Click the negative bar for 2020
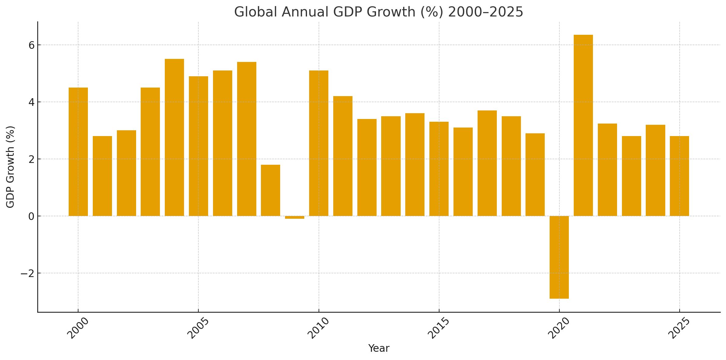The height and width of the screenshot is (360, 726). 559,257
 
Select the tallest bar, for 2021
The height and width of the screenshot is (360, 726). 583,125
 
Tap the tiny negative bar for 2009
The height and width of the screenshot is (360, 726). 294,217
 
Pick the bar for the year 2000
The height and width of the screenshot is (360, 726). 78,152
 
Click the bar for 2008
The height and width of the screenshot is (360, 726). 270,190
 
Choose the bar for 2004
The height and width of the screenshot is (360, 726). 174,137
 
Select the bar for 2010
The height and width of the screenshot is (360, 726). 319,143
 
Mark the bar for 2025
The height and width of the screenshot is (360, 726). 679,176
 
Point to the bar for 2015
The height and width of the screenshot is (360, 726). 439,169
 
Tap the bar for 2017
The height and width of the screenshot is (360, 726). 487,163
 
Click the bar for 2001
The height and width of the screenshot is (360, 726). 102,176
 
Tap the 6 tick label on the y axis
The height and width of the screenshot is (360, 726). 31,45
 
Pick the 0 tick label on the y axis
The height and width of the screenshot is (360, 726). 31,217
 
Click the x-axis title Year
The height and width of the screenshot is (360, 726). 379,348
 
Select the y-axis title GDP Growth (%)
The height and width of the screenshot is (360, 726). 11,167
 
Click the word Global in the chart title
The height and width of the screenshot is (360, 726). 256,12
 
